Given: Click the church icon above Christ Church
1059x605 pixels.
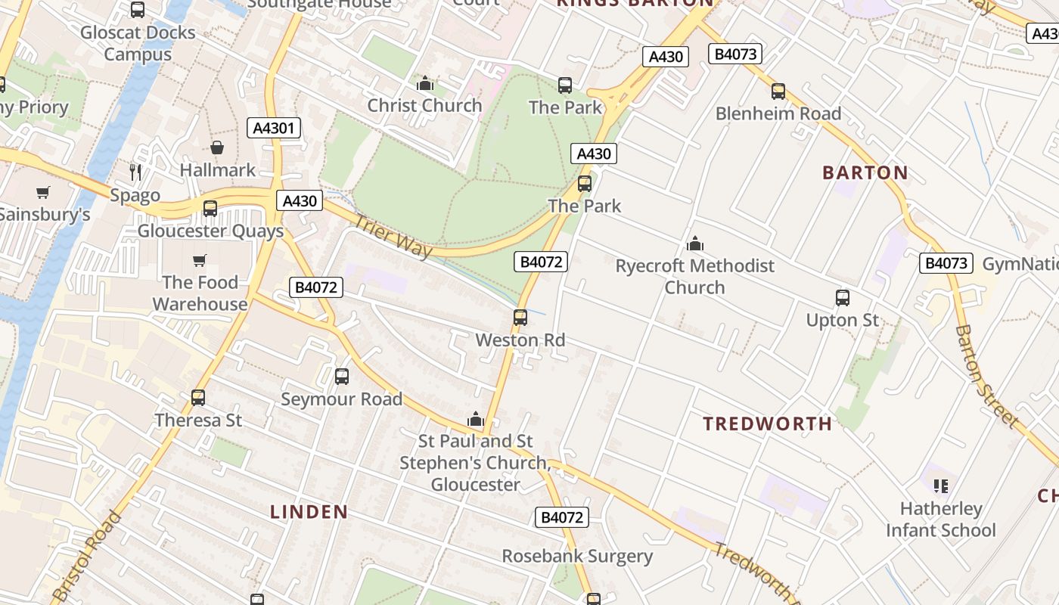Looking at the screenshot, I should pyautogui.click(x=425, y=83).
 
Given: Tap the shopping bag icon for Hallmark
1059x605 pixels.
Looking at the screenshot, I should pyautogui.click(x=217, y=147).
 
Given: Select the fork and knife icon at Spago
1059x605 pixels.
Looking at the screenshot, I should pyautogui.click(x=135, y=172).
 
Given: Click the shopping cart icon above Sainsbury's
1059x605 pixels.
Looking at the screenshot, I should pyautogui.click(x=42, y=192).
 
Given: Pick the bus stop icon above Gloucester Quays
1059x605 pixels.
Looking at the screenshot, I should pyautogui.click(x=210, y=208).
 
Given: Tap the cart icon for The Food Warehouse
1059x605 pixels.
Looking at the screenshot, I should pyautogui.click(x=199, y=260).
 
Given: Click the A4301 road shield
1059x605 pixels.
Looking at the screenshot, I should pyautogui.click(x=274, y=128).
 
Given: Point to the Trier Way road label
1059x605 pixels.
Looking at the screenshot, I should pyautogui.click(x=393, y=236).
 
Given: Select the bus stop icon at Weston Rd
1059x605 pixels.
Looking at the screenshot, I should pyautogui.click(x=520, y=318).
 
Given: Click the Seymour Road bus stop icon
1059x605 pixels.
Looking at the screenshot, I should pyautogui.click(x=342, y=376).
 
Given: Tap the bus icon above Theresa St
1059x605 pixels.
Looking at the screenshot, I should pyautogui.click(x=198, y=397).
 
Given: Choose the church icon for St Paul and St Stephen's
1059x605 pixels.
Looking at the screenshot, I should pyautogui.click(x=476, y=418).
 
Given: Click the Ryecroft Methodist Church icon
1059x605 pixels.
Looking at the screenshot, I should pyautogui.click(x=694, y=244).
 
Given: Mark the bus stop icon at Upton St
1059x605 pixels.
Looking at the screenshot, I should pyautogui.click(x=843, y=298).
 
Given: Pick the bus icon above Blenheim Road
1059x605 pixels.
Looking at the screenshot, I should pyautogui.click(x=778, y=92).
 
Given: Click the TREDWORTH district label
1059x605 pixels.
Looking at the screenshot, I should pyautogui.click(x=768, y=423).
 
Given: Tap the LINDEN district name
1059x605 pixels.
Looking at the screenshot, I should pyautogui.click(x=309, y=512).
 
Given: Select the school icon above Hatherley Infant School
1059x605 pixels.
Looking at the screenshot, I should pyautogui.click(x=941, y=486).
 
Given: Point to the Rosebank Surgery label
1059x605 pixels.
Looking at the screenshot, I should pyautogui.click(x=577, y=557).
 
